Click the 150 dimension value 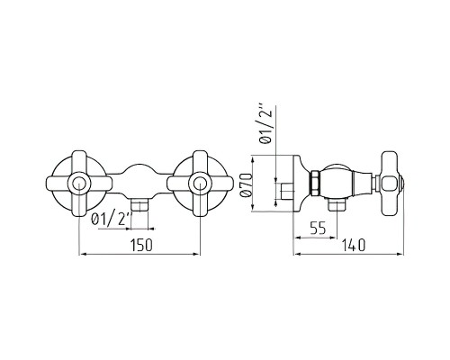[141, 245]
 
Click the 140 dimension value [354, 245]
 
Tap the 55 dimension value [318, 229]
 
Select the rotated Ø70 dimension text [247, 184]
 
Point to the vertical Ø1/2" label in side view [265, 123]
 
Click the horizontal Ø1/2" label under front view [112, 220]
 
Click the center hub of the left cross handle [79, 184]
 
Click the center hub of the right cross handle [200, 184]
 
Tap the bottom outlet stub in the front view [139, 205]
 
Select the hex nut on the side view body [315, 183]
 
